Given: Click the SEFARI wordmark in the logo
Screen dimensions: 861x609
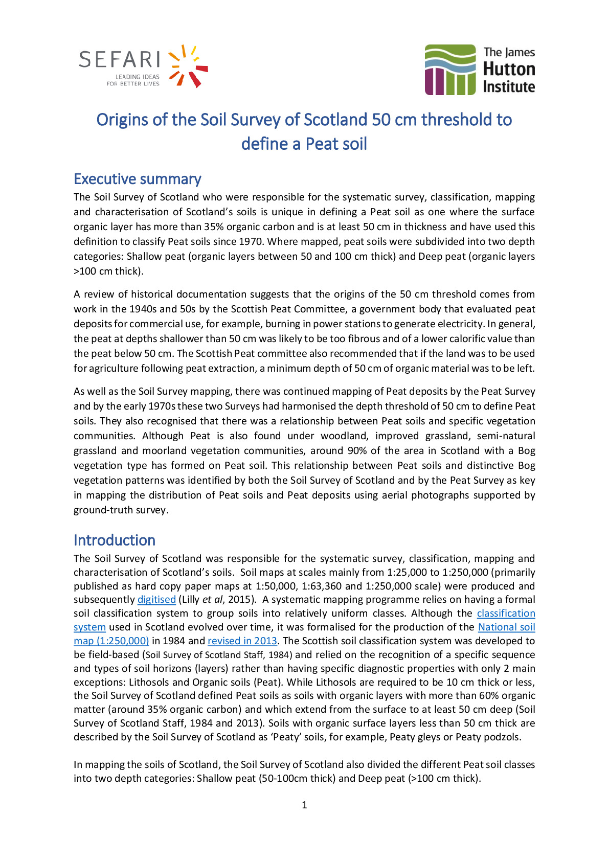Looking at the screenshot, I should (120, 60).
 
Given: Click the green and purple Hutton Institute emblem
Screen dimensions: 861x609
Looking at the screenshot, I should (450, 70).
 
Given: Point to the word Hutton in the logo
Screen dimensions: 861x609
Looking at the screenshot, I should (509, 69).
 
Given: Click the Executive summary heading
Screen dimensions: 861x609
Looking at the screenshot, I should (137, 179).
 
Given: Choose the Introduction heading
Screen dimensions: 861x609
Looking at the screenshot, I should (114, 540).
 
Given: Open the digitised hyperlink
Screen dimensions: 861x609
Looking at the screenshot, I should (156, 600).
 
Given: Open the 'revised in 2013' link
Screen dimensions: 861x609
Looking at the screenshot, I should (242, 641).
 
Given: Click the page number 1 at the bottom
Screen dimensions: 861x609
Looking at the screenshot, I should (304, 805).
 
